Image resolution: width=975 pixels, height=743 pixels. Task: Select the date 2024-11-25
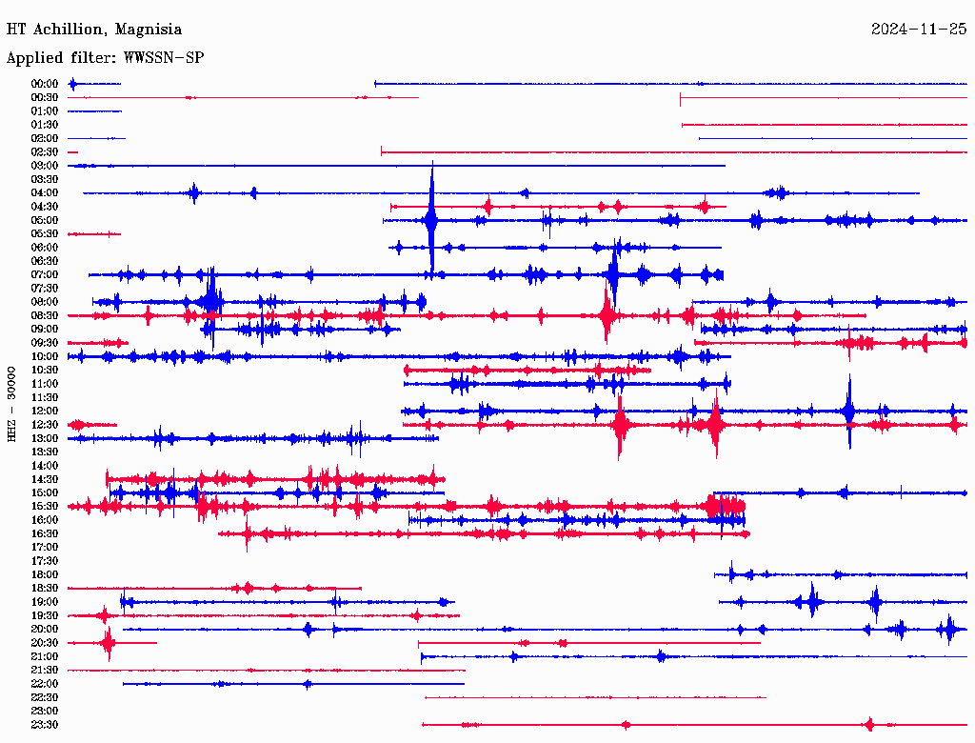click(919, 30)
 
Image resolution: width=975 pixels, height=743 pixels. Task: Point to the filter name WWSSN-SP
click(164, 58)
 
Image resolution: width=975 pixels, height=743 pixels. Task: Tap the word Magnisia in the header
click(148, 30)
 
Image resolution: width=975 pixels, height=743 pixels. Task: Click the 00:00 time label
click(45, 84)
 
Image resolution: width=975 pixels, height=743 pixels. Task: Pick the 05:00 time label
click(45, 220)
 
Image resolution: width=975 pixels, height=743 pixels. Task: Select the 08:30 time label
click(45, 315)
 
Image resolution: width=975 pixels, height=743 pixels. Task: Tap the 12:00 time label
click(45, 411)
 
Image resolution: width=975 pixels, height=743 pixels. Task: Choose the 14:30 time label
click(45, 479)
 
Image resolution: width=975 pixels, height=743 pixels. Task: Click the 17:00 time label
click(45, 547)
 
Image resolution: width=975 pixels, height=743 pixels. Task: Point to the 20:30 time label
click(45, 643)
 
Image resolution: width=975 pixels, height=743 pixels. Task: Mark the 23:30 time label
click(45, 725)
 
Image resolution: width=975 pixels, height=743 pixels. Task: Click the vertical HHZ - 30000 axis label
click(12, 404)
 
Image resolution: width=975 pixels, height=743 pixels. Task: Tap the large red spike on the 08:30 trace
click(607, 312)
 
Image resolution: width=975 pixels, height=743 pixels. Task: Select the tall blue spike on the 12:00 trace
click(848, 410)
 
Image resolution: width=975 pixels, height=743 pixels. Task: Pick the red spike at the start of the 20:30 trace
click(108, 643)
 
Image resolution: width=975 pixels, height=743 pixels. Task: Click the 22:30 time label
click(45, 697)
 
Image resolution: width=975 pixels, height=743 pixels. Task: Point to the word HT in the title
click(15, 30)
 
